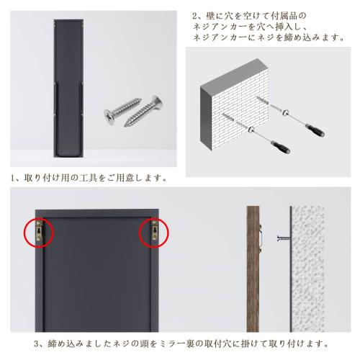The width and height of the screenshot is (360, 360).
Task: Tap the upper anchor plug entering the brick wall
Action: click(x=240, y=115)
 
